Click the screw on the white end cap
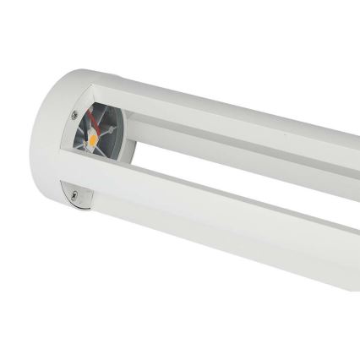tap(74, 115)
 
